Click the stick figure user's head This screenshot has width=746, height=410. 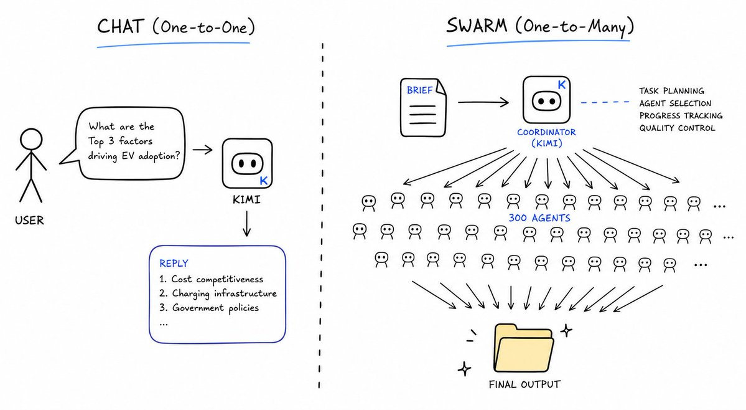click(x=31, y=140)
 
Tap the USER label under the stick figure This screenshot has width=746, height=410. click(x=29, y=221)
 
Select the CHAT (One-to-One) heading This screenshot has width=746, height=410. click(x=176, y=26)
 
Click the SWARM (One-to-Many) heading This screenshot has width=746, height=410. click(x=540, y=26)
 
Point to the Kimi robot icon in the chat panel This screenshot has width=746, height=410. click(x=248, y=163)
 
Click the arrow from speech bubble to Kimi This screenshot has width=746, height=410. click(x=202, y=150)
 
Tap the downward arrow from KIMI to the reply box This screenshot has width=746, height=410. click(x=246, y=223)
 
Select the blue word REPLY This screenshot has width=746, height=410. click(x=174, y=264)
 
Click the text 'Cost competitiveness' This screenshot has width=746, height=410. click(x=217, y=279)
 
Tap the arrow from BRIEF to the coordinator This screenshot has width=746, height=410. click(x=483, y=102)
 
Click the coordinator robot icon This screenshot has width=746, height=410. click(x=546, y=100)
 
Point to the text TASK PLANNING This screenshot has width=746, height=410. click(x=671, y=91)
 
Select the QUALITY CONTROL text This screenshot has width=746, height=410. click(x=677, y=128)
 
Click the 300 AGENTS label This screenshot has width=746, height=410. click(x=539, y=218)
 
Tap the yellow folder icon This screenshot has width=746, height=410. click(x=524, y=348)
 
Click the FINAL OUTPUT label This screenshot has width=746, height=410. click(x=525, y=384)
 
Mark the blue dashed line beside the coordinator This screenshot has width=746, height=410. click(x=605, y=102)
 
